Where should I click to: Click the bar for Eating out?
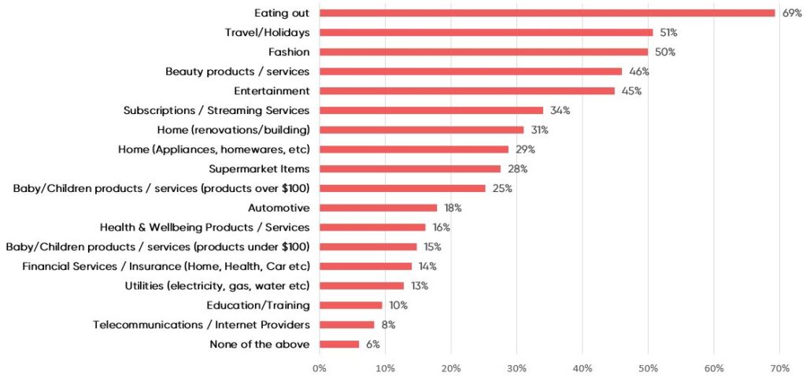[547, 13]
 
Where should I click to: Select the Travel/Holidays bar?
[486, 32]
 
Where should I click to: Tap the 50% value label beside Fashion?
[665, 52]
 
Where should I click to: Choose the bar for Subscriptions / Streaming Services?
[431, 110]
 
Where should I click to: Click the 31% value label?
[539, 130]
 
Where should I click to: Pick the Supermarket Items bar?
[410, 168]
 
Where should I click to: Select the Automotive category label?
[279, 208]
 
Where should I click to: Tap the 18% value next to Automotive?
[453, 208]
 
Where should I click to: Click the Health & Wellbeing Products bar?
[372, 227]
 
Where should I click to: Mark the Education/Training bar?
[350, 305]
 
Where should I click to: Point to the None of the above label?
[260, 344]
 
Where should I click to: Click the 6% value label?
[373, 344]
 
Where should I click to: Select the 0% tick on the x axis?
[320, 367]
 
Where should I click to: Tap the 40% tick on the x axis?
[582, 367]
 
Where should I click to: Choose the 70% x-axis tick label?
[779, 367]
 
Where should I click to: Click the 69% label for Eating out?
[791, 13]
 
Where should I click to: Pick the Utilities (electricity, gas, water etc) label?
[217, 286]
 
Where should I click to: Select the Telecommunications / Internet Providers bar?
[347, 324]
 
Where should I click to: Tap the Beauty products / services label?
[238, 72]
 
